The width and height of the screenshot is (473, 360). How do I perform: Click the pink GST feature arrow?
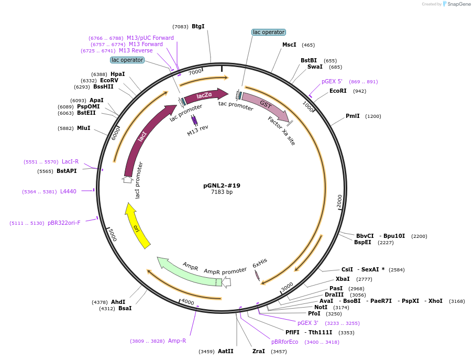click(266, 106)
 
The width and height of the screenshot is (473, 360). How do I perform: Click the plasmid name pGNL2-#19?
click(222, 186)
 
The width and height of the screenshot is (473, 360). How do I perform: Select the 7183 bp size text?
click(222, 192)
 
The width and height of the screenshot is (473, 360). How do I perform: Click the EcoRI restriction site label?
click(338, 91)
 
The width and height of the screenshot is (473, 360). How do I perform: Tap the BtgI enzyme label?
click(198, 27)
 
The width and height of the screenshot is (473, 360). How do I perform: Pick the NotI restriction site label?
click(321, 307)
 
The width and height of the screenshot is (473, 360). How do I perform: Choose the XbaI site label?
click(343, 279)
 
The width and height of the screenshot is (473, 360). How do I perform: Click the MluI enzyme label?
click(84, 128)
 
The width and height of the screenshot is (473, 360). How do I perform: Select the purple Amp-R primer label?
click(177, 341)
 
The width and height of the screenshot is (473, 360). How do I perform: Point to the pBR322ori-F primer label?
click(64, 223)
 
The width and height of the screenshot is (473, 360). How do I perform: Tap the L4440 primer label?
click(68, 192)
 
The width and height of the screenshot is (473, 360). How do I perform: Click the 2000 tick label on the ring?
click(339, 201)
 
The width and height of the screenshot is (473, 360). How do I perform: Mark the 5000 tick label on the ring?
click(113, 235)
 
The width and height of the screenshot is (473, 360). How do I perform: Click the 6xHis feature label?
click(260, 263)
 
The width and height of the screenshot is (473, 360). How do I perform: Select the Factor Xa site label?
click(281, 131)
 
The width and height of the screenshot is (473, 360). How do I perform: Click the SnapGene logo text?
click(459, 4)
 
